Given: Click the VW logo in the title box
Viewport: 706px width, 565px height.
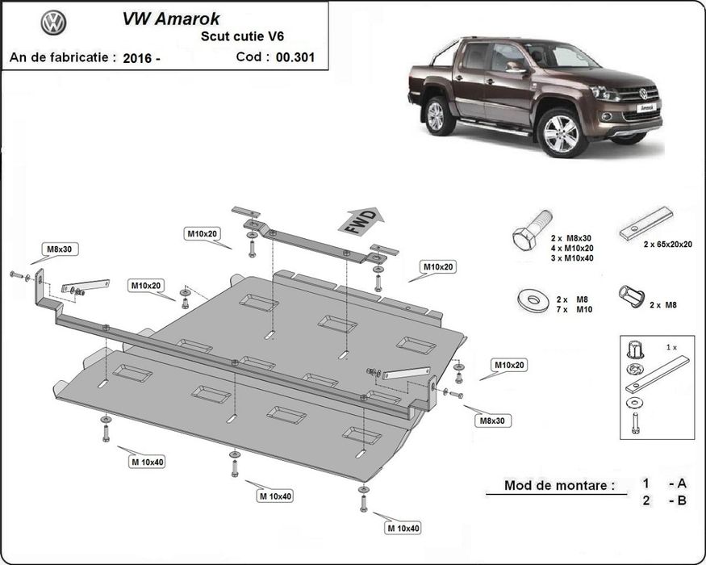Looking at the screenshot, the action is click(x=53, y=23).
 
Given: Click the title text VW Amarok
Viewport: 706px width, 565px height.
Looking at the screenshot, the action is click(x=171, y=19).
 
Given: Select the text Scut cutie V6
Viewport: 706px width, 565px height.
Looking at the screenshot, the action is click(x=242, y=36).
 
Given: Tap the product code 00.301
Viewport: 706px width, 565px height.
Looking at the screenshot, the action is click(x=295, y=57).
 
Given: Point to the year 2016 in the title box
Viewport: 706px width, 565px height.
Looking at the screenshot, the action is click(x=137, y=58).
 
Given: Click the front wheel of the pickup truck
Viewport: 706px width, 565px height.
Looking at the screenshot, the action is click(x=562, y=133).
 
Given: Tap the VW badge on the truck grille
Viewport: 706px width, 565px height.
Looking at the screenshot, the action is click(x=643, y=94).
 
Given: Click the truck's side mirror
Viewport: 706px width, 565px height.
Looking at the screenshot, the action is click(x=516, y=68).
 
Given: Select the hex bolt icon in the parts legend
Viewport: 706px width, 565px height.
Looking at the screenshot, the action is click(x=533, y=230).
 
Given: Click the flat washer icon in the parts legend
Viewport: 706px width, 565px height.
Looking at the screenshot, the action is click(x=533, y=300).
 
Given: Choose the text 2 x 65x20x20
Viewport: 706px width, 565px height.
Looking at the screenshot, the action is click(x=668, y=245).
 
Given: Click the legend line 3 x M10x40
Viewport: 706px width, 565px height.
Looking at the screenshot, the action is click(x=572, y=258).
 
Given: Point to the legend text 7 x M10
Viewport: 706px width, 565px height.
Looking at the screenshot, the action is click(x=574, y=309).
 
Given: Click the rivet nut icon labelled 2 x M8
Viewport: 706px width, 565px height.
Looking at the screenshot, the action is click(x=631, y=296).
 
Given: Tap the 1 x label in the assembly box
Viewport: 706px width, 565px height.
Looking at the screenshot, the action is click(x=671, y=347).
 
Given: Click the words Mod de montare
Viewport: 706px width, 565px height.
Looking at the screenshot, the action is click(x=559, y=485).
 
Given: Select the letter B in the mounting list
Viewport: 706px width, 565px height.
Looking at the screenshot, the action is click(x=682, y=500).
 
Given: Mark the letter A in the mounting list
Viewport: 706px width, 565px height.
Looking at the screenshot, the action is click(x=682, y=483).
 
